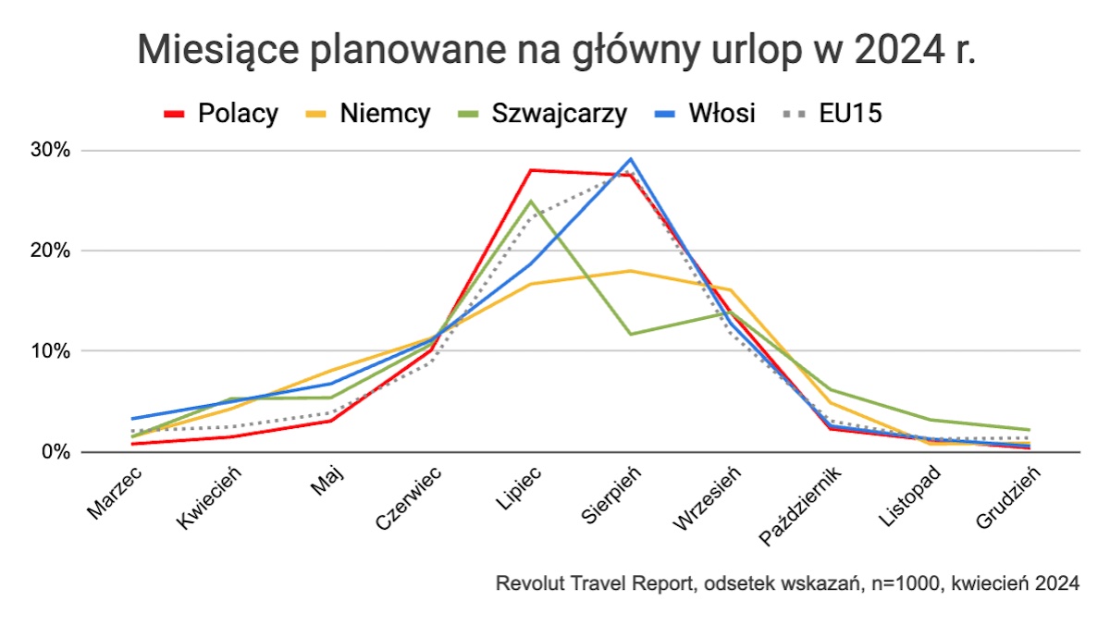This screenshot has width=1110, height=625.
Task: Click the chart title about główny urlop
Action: [556, 49]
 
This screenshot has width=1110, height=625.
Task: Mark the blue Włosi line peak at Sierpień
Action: [631, 159]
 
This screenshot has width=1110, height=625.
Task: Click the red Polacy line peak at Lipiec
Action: [530, 170]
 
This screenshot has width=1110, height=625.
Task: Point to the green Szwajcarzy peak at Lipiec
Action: [530, 202]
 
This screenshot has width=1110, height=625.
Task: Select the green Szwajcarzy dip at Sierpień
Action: [631, 334]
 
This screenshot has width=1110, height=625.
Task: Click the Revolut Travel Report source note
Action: [787, 584]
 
